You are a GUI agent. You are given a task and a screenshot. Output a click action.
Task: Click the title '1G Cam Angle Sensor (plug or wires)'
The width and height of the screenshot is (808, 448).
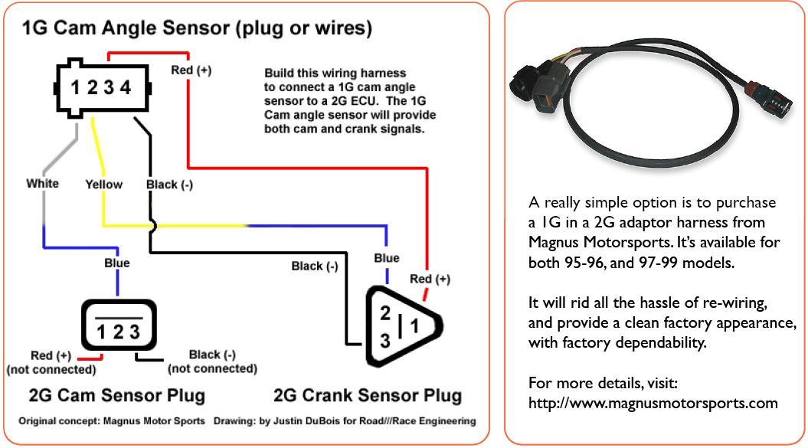(x=197, y=29)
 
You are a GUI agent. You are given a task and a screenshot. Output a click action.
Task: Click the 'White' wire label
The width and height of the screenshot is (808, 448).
(x=42, y=183)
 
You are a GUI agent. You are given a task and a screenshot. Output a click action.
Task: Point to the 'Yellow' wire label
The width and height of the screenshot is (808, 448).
(x=103, y=184)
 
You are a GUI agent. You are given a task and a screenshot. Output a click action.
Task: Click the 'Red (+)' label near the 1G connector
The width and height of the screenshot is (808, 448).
(x=191, y=70)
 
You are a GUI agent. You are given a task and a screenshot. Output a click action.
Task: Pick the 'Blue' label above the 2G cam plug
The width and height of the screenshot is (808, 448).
(x=116, y=263)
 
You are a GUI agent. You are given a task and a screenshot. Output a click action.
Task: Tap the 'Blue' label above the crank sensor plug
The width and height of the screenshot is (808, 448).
(x=386, y=258)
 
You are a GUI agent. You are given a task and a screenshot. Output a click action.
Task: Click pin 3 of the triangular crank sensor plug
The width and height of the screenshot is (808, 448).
(x=384, y=339)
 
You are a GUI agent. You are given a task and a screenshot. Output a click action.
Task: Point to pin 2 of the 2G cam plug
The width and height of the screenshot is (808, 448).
(x=118, y=332)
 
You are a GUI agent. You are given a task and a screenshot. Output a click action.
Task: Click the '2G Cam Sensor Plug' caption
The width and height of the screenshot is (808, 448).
(x=116, y=395)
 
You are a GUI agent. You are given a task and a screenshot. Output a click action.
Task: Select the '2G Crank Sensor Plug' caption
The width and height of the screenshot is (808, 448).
(x=368, y=395)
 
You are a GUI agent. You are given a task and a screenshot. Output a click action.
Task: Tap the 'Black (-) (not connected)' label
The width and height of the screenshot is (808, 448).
(x=212, y=361)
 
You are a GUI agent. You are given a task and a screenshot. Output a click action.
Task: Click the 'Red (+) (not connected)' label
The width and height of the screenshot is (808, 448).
(x=51, y=362)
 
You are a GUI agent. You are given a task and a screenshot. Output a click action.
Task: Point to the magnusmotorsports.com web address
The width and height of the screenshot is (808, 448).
(x=653, y=403)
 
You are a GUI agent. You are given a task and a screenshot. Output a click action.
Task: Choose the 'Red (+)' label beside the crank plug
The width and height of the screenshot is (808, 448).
(x=430, y=279)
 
